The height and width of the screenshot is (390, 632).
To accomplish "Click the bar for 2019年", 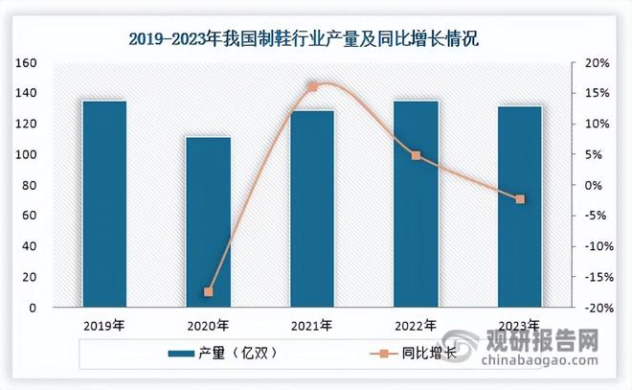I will click(x=103, y=204).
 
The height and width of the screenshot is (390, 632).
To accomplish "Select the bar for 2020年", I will click(x=208, y=222).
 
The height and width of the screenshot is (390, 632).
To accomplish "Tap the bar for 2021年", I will click(x=312, y=209).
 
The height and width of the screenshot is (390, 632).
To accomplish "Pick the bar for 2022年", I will click(x=416, y=204).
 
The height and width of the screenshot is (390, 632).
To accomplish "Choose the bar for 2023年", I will click(x=520, y=207).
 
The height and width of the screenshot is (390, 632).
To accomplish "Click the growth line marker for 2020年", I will click(x=208, y=291).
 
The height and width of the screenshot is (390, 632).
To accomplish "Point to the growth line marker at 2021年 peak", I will click(x=312, y=87).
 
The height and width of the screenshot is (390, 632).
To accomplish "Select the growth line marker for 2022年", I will click(x=416, y=155).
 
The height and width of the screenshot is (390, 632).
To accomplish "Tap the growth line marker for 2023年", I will click(x=520, y=199).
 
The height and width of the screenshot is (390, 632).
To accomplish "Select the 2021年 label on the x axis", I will click(x=312, y=326).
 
